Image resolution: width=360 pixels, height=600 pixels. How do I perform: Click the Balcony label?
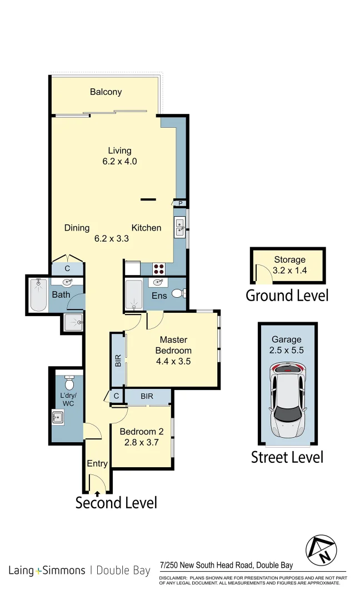coord(106,92)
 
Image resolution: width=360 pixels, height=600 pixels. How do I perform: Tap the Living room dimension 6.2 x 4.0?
coord(119,162)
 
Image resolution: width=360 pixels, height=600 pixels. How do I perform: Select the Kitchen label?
coord(146,228)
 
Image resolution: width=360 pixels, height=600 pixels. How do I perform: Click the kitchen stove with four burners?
coord(159,268)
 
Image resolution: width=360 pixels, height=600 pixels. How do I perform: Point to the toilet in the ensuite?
coord(178,293)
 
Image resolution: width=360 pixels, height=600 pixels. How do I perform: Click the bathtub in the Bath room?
coord(38,294)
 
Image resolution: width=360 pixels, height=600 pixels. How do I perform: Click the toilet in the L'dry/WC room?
coord(69,383)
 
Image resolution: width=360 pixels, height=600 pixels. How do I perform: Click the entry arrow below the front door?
coord(98,492)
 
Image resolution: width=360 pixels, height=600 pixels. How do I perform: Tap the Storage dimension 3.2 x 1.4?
coord(289,272)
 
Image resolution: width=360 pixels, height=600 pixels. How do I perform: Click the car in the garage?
coord(288,399)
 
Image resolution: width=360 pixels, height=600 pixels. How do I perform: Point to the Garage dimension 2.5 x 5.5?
coord(286,351)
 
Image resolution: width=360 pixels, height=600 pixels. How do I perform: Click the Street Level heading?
coord(287,457)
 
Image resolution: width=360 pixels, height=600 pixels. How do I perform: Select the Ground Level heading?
coord(287,295)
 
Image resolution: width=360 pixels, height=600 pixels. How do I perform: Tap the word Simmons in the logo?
coord(64,570)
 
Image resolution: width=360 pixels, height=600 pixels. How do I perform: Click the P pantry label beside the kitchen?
coord(180,204)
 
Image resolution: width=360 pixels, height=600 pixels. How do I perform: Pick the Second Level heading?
coord(116,503)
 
